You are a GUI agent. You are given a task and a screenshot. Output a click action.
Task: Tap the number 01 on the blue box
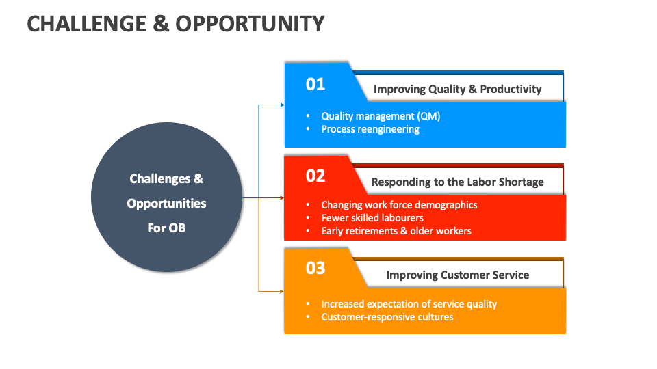(x=315, y=84)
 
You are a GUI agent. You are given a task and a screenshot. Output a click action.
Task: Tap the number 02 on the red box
(x=315, y=176)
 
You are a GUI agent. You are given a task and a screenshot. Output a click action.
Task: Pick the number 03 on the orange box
(x=315, y=268)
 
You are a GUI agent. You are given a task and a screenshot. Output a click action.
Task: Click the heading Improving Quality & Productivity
(x=457, y=89)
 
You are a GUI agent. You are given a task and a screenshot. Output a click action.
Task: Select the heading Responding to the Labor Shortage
(x=457, y=182)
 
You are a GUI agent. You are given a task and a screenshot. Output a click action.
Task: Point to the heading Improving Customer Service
(x=457, y=275)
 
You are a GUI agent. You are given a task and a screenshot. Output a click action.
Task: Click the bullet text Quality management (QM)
(x=381, y=116)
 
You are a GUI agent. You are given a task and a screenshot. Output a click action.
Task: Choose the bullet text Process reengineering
(x=370, y=128)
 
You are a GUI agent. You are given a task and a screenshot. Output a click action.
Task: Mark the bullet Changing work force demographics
(x=399, y=205)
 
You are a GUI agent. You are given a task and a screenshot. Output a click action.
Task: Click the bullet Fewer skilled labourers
(x=372, y=218)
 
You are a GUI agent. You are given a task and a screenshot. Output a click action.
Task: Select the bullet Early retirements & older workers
(x=396, y=231)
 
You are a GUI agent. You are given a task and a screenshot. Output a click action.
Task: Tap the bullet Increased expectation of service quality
(x=409, y=304)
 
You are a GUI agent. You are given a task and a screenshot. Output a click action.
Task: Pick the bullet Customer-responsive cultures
(x=387, y=317)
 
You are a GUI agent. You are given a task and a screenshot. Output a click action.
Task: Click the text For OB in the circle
(x=166, y=228)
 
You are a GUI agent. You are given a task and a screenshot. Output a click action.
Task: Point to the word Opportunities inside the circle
(x=166, y=204)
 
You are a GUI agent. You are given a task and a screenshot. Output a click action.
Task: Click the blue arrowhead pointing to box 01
(x=281, y=105)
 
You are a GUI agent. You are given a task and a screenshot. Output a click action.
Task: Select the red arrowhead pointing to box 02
(x=281, y=198)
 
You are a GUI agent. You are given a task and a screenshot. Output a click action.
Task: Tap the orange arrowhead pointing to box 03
(x=281, y=291)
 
